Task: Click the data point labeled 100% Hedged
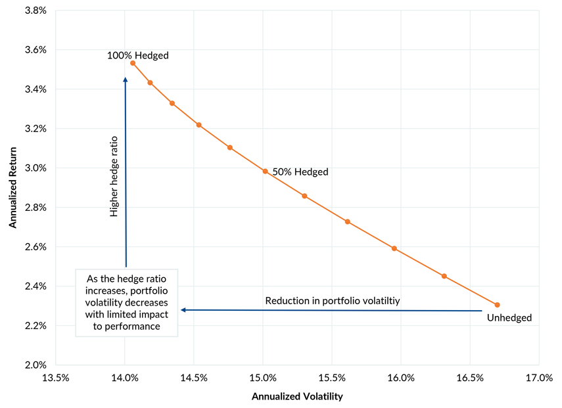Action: point(133,63)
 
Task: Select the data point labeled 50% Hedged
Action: point(265,171)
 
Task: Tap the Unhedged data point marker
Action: point(497,305)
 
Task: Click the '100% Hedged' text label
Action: point(138,56)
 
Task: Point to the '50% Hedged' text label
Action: point(300,172)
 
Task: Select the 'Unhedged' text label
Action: point(509,318)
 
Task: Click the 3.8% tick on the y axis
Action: point(35,11)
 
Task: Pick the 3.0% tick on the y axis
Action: point(35,168)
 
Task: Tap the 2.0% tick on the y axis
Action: point(35,365)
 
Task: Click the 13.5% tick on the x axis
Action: point(56,378)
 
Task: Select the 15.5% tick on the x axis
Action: point(332,378)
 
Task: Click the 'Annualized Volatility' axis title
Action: point(297,397)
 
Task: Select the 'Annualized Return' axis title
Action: point(12,187)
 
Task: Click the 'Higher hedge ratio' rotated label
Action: point(114,176)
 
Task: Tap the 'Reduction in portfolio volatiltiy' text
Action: point(333,301)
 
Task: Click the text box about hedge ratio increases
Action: point(126,302)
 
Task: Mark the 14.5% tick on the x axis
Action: point(194,378)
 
